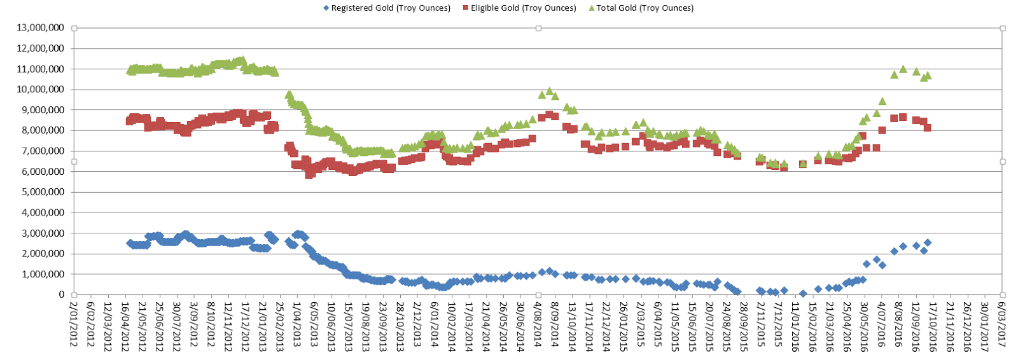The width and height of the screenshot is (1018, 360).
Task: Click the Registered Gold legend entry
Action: pyautogui.click(x=391, y=8)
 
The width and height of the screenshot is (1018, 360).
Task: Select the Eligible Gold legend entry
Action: pyautogui.click(x=523, y=8)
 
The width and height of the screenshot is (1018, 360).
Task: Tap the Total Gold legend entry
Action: pyautogui.click(x=645, y=8)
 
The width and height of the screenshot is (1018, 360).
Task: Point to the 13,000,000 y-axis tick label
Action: pyautogui.click(x=41, y=28)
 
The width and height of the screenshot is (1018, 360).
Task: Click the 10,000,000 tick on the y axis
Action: pyautogui.click(x=41, y=90)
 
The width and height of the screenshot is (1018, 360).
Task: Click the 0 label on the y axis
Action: pyautogui.click(x=62, y=294)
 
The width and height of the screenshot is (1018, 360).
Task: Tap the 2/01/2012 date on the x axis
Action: pyautogui.click(x=74, y=324)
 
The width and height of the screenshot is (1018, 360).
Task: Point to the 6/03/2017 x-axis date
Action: pyautogui.click(x=1002, y=324)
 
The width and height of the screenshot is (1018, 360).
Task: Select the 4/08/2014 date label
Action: pyautogui.click(x=538, y=324)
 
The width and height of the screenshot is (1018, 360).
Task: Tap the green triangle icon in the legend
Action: pyautogui.click(x=592, y=8)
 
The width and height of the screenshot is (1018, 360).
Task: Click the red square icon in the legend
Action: pyautogui.click(x=466, y=8)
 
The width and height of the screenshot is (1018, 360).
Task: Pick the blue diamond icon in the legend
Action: pyautogui.click(x=326, y=8)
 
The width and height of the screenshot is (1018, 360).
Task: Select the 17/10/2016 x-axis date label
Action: pyautogui.click(x=933, y=324)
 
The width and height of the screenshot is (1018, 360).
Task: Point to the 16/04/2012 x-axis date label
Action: pyautogui.click(x=125, y=324)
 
